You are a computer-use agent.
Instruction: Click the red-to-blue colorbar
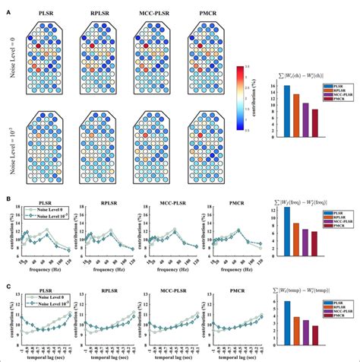(240, 97)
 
